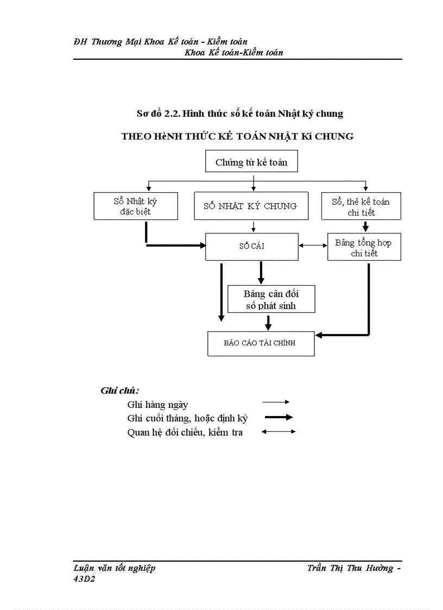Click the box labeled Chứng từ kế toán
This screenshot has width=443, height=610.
[251, 162]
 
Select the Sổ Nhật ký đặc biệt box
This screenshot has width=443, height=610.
[135, 206]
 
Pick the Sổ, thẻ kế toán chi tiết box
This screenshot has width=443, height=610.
[360, 206]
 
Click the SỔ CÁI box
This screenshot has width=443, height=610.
[251, 246]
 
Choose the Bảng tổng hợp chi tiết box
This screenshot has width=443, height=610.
[363, 248]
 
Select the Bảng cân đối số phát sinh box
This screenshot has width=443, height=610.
[271, 300]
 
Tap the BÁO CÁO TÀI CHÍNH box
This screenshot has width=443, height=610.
[261, 343]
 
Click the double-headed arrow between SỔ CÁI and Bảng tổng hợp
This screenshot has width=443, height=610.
[313, 246]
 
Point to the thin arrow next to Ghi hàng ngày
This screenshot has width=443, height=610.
[276, 402]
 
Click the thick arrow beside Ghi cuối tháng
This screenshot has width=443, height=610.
[279, 418]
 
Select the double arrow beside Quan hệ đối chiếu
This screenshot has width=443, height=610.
[279, 432]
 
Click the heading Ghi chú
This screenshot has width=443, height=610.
[120, 391]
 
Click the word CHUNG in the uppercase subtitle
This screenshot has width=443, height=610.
[333, 136]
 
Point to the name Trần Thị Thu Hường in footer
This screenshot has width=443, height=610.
[350, 568]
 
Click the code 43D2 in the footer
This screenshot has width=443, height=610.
[84, 579]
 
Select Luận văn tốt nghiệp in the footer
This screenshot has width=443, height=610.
[115, 568]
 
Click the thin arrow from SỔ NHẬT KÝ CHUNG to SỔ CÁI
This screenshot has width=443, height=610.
[254, 227]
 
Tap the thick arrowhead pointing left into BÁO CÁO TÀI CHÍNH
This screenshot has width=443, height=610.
[320, 335]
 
